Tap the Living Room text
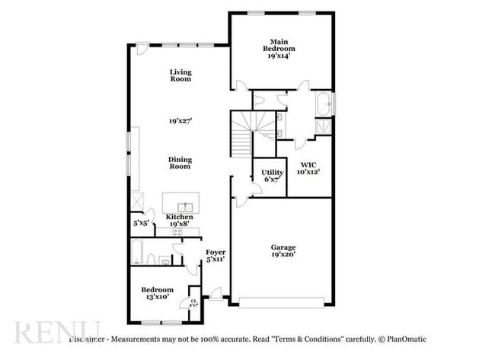[x=180, y=75]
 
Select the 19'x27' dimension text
[x=180, y=120]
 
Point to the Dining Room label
[x=180, y=163]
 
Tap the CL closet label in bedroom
[x=193, y=302]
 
